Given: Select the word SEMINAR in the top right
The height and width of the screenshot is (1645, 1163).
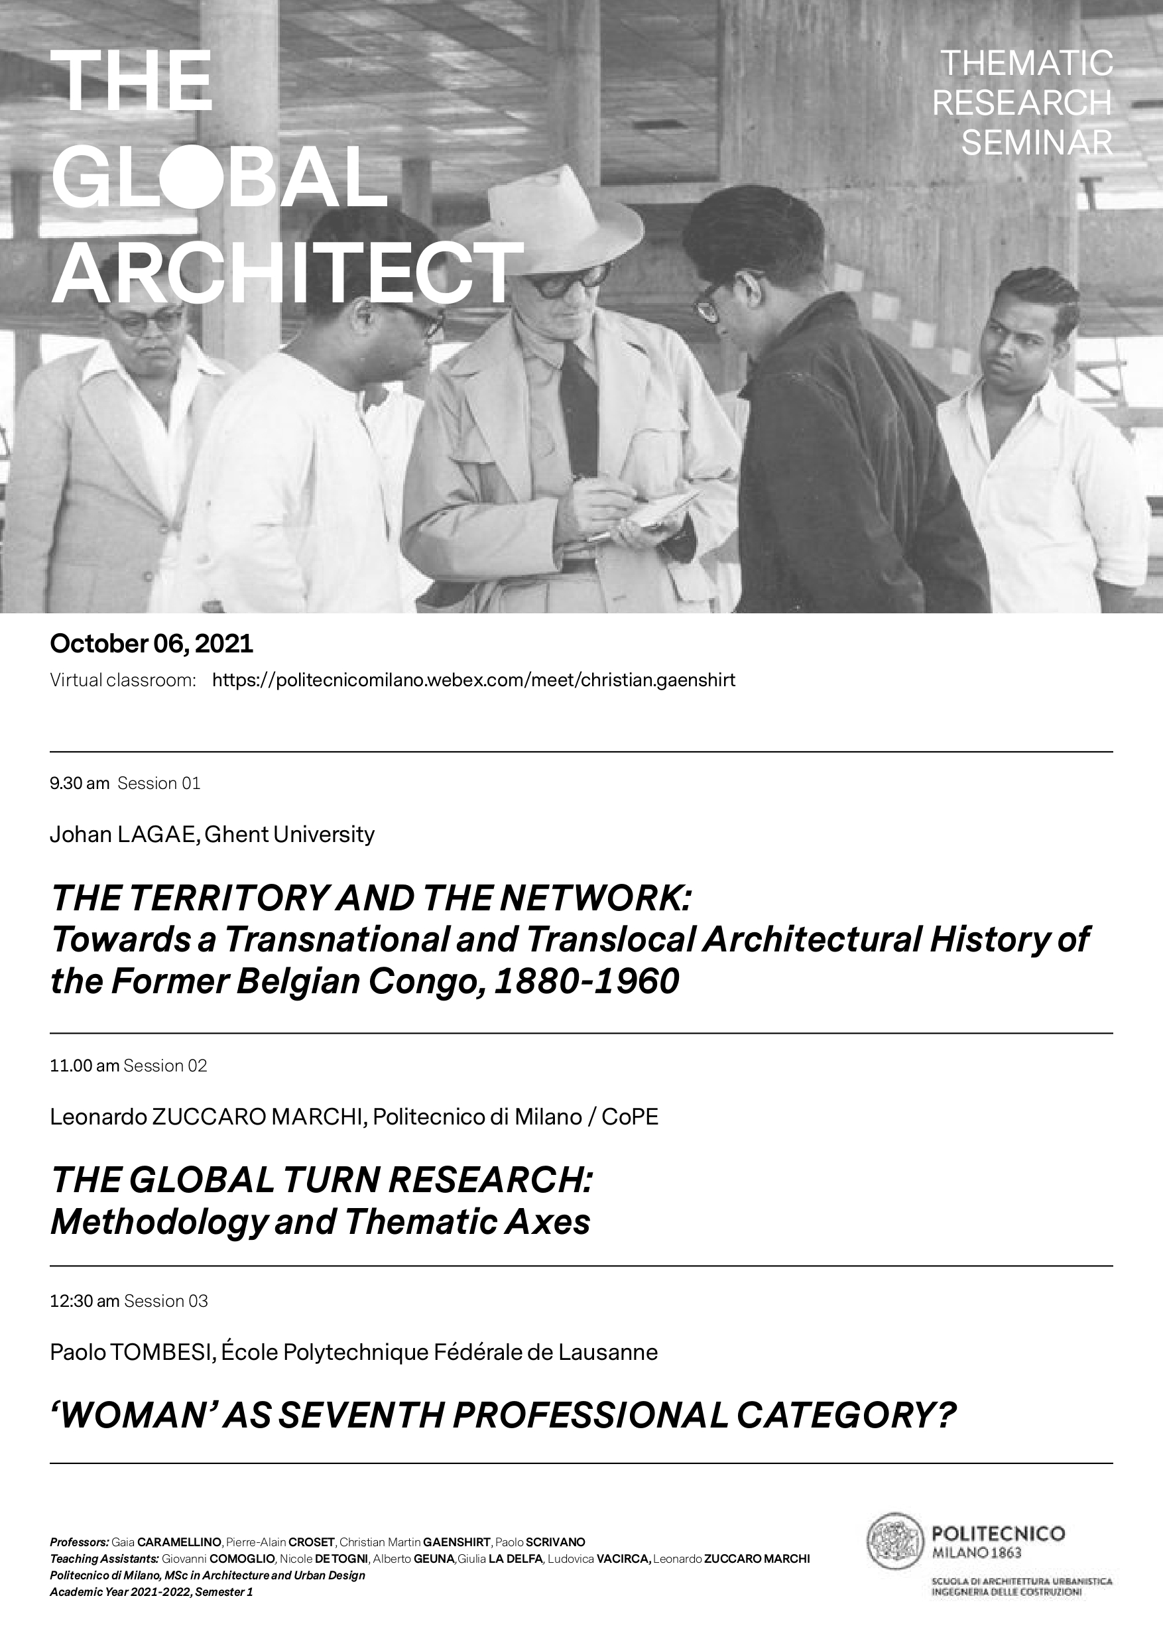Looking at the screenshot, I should pos(1036,143).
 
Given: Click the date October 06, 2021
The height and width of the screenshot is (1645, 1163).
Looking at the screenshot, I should pos(151,643).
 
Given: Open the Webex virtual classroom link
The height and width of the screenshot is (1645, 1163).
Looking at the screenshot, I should pos(473,680).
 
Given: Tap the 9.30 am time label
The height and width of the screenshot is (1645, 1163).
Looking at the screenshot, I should pos(79,783).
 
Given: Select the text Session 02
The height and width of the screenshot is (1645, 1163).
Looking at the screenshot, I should pos(166,1066).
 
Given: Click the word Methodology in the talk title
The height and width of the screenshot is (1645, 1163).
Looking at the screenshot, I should pos(158,1221).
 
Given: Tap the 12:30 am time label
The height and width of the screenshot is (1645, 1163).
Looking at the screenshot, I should pos(84,1300).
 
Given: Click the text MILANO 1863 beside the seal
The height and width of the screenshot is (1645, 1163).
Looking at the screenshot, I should pos(977,1552).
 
